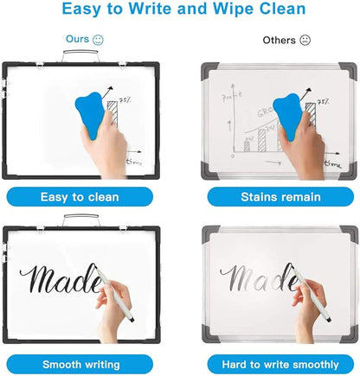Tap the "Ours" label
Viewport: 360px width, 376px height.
point(78,40)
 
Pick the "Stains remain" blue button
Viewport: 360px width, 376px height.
point(269,197)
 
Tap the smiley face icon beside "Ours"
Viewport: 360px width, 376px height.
point(99,40)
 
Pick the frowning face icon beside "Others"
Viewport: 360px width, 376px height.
point(304,41)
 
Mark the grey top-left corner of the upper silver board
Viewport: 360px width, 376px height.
point(208,68)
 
